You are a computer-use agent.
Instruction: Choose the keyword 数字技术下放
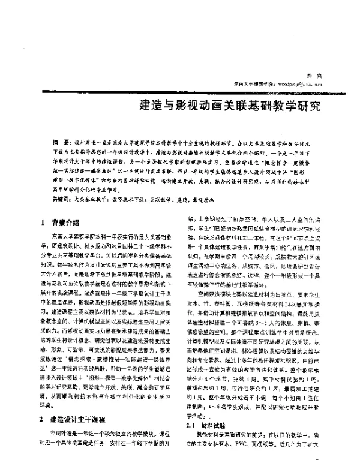click(135, 197)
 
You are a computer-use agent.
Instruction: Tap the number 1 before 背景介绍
click(44, 221)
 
